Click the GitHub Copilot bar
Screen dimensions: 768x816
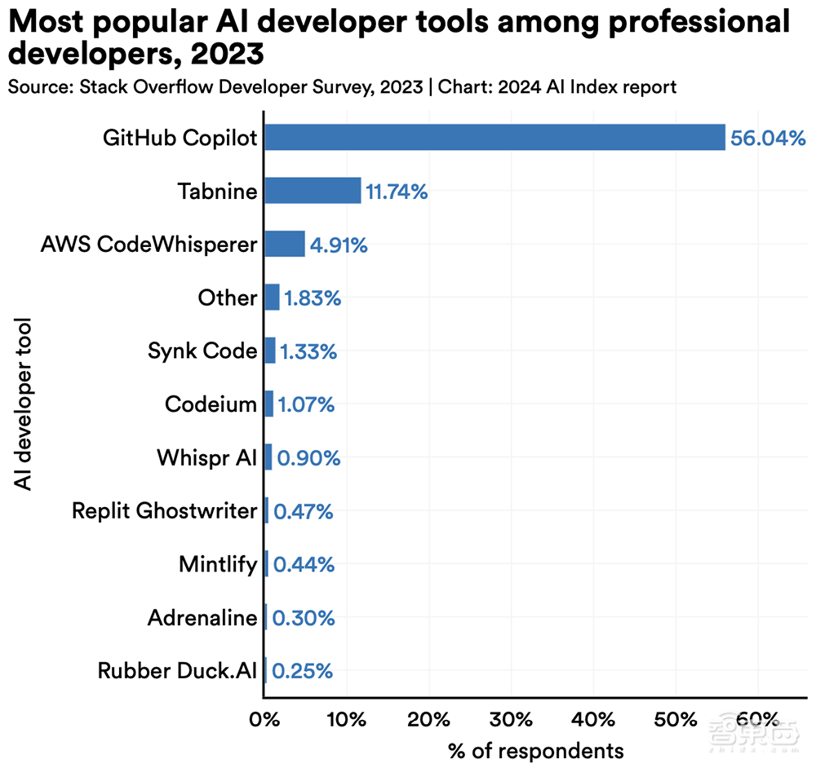pos(494,137)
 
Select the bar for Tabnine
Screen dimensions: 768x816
pos(313,191)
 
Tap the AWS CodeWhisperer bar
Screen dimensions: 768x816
pos(285,244)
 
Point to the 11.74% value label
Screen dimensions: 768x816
pos(397,192)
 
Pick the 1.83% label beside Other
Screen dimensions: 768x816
pos(313,298)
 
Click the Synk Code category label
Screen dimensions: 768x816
pos(202,351)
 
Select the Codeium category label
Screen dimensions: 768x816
pos(211,404)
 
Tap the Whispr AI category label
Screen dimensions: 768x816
pos(207,457)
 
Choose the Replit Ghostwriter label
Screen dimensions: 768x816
pos(165,511)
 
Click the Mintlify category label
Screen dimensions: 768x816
pos(218,564)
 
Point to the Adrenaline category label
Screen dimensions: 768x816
pos(202,618)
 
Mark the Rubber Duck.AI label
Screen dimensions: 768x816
pos(177,671)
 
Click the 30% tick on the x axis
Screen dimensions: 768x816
pos(511,720)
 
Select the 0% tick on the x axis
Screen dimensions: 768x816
pos(264,720)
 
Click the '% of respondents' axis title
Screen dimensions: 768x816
pos(536,749)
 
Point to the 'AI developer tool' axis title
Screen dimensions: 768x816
pos(24,404)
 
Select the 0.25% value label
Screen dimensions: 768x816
pos(303,672)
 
